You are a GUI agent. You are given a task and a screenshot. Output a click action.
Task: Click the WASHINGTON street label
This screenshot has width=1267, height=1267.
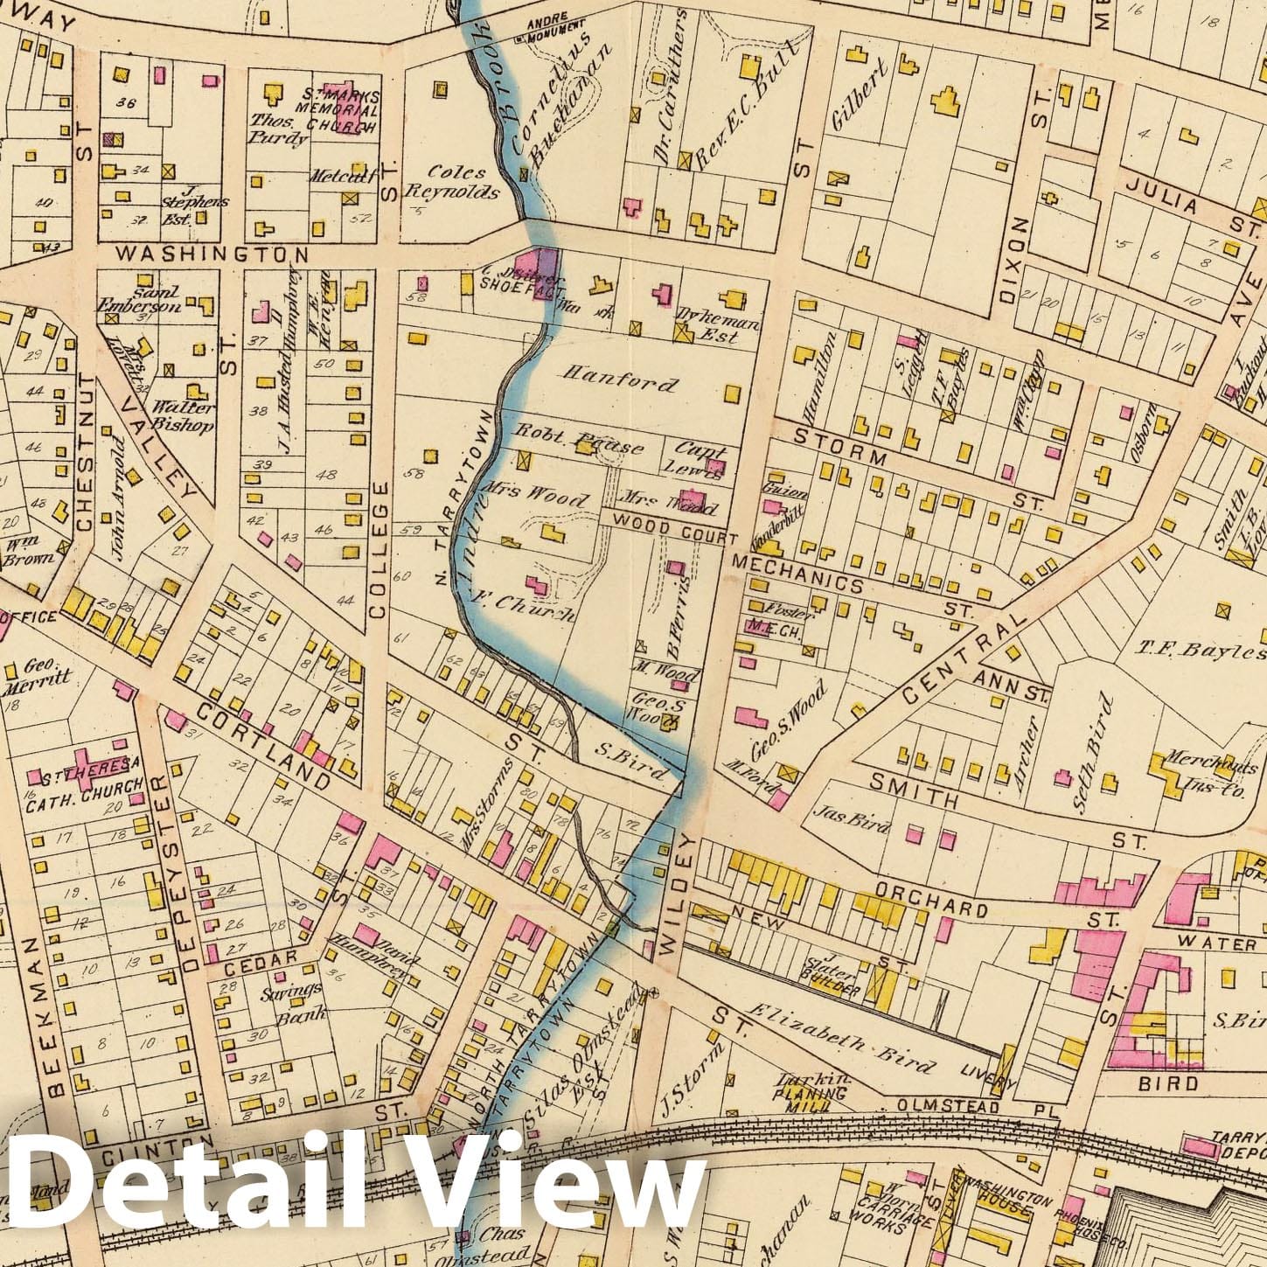[212, 254]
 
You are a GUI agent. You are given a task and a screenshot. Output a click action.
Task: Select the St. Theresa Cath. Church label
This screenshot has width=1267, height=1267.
[86, 773]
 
